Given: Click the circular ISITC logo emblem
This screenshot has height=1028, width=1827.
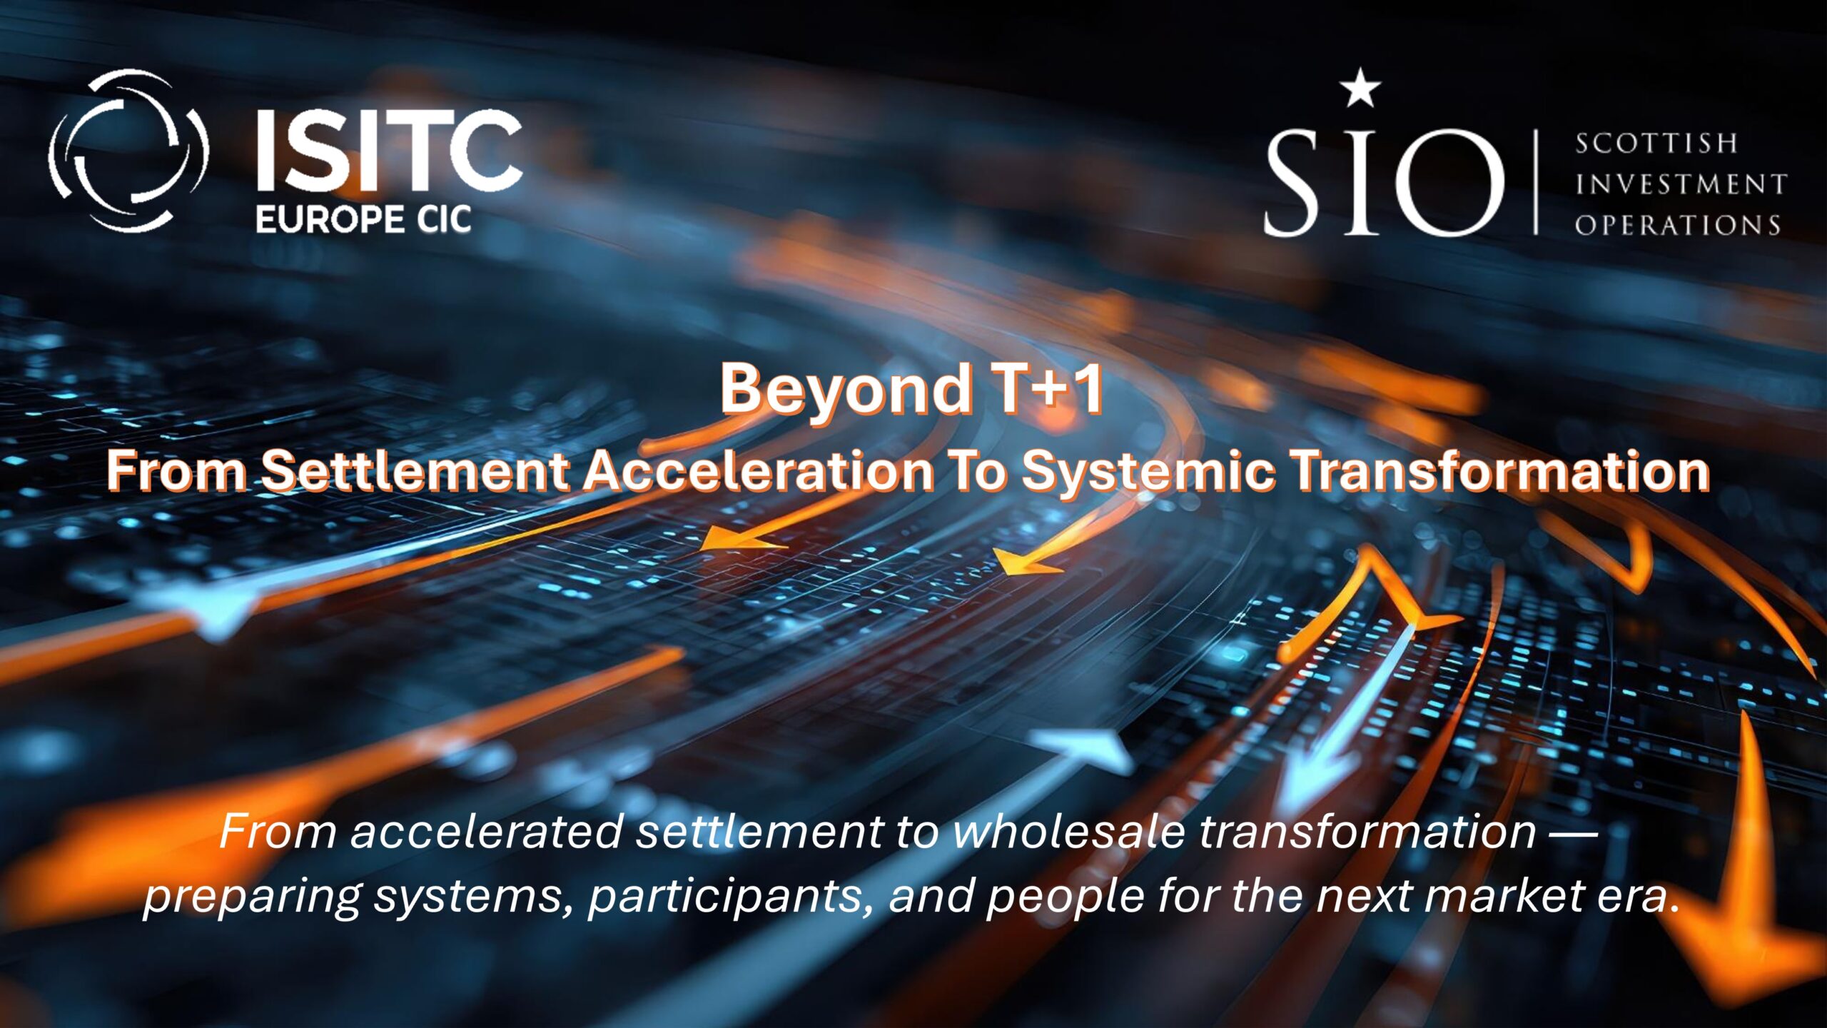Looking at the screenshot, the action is click(x=128, y=151).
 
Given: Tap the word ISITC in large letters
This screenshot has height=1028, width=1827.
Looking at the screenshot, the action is click(x=389, y=151).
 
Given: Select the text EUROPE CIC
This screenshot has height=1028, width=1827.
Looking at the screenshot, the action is click(x=363, y=219).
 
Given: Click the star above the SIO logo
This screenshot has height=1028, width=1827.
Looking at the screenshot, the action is click(x=1360, y=88).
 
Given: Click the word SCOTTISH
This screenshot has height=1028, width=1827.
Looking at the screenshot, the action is click(x=1656, y=143).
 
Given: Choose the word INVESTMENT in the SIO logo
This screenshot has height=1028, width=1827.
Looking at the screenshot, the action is click(x=1681, y=184).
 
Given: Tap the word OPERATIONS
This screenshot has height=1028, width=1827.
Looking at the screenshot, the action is click(x=1678, y=225).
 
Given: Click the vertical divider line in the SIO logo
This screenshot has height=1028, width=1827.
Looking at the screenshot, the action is click(x=1536, y=181).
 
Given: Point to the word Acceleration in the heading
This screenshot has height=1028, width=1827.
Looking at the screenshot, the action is click(x=759, y=471).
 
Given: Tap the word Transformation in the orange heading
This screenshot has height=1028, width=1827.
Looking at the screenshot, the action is click(x=1502, y=471).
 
